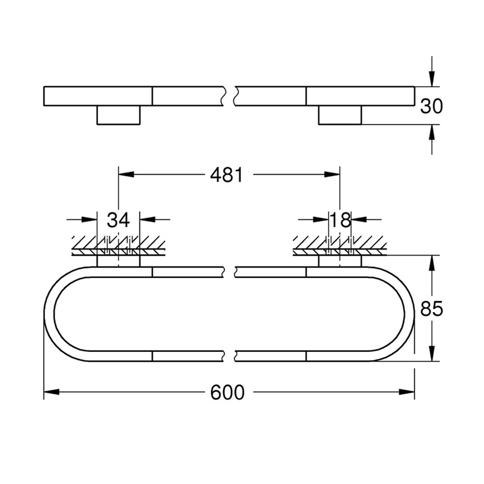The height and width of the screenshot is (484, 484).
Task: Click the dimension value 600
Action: coord(227,392)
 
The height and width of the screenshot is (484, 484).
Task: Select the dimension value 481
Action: coord(226,175)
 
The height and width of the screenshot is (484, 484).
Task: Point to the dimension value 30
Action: coord(431,106)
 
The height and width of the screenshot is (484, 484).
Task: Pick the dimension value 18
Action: coord(341,219)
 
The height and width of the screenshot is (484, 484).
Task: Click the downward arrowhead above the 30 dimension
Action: coord(432,79)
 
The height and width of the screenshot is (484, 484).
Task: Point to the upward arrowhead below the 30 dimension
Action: coord(432,132)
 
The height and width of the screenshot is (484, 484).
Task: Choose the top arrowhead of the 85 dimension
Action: coord(432,262)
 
